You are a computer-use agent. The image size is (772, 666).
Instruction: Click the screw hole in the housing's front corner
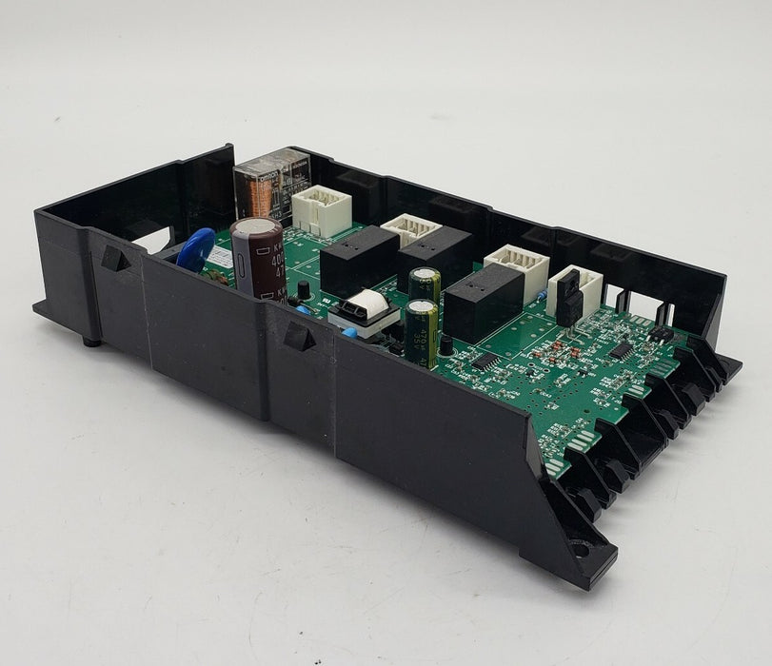(578, 548)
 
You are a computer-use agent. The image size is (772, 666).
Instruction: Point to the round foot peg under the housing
(91, 340)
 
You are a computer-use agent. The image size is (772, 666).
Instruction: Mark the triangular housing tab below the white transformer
(298, 335)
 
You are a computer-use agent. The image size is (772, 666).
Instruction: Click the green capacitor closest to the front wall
(421, 331)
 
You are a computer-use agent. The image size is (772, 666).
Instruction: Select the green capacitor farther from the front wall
(425, 287)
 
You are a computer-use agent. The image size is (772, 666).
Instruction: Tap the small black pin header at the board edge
(660, 334)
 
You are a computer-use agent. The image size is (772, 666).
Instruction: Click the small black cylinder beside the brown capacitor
(303, 288)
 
